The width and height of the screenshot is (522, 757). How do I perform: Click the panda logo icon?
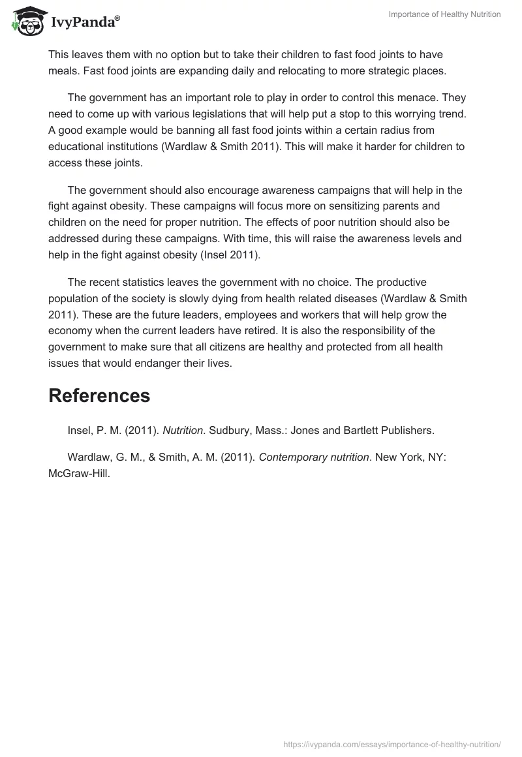pyautogui.click(x=25, y=22)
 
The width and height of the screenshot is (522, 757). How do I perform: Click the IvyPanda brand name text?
pyautogui.click(x=85, y=23)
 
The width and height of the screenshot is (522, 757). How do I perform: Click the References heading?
pyautogui.click(x=99, y=395)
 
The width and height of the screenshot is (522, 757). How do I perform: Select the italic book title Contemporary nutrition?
pyautogui.click(x=314, y=457)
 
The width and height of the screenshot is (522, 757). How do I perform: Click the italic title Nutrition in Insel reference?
pyautogui.click(x=183, y=430)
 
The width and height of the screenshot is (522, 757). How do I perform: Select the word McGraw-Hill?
pyautogui.click(x=79, y=474)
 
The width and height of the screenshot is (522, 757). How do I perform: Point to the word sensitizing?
pyautogui.click(x=331, y=206)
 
